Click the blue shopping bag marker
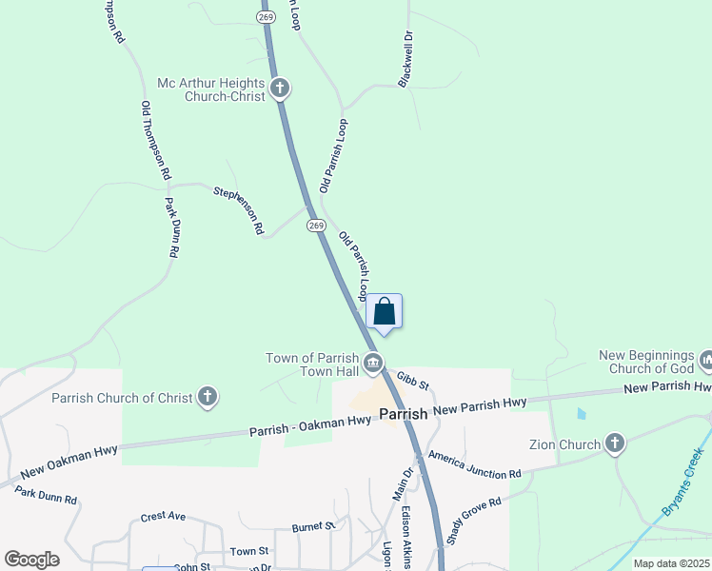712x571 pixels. click(384, 311)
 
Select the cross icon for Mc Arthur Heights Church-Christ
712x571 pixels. click(280, 89)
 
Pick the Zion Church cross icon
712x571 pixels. click(615, 443)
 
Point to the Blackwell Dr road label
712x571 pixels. click(406, 59)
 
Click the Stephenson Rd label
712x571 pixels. click(238, 209)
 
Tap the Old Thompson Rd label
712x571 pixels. click(154, 141)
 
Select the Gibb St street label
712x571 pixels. click(414, 382)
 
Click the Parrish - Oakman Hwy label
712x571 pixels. click(310, 426)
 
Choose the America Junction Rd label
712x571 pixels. click(474, 465)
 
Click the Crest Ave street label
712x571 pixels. click(163, 518)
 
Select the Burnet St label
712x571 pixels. click(314, 525)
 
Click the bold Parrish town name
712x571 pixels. click(405, 414)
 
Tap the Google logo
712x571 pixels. click(31, 560)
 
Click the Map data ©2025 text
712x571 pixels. click(670, 563)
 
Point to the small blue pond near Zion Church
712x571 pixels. click(581, 414)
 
